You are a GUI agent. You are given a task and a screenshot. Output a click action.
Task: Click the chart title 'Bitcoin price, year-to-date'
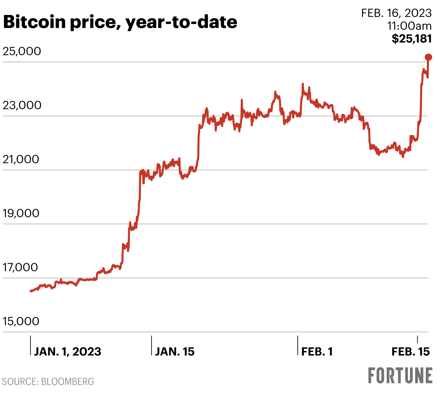[120, 22]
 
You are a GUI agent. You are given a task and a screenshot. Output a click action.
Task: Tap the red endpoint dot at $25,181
[428, 57]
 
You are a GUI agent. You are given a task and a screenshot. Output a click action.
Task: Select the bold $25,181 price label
[411, 39]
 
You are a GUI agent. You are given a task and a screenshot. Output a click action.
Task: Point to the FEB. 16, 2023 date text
[396, 13]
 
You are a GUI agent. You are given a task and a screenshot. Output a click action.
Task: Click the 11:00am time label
[409, 26]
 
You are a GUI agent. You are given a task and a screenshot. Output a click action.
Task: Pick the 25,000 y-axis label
[22, 51]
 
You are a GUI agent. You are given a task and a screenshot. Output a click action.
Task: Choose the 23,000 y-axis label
[22, 105]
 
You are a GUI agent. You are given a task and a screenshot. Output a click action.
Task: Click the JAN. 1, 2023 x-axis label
[68, 352]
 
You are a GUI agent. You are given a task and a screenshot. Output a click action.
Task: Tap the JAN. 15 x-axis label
[175, 352]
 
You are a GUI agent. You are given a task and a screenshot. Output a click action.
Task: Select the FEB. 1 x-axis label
[317, 352]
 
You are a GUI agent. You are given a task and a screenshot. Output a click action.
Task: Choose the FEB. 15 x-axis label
[411, 352]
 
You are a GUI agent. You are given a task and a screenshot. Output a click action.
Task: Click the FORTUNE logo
[400, 375]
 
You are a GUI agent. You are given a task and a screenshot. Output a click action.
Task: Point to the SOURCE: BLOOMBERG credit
[48, 382]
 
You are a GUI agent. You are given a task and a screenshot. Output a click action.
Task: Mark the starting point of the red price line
[31, 291]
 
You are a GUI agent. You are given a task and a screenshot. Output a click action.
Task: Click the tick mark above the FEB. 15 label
[418, 340]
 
